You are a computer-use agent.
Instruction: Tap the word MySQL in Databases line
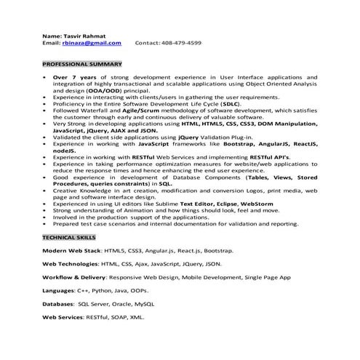click(x=144, y=304)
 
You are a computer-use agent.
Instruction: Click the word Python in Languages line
click(x=105, y=291)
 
